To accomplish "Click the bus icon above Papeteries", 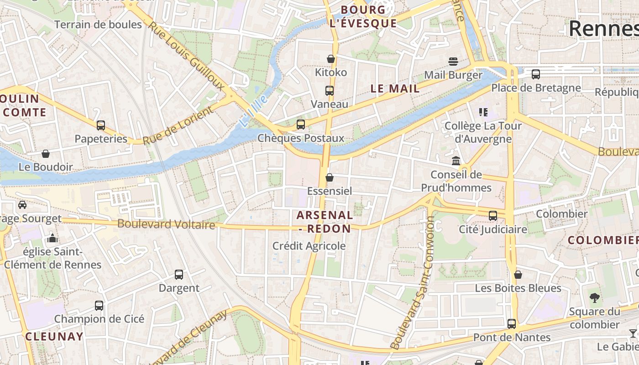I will [101, 125].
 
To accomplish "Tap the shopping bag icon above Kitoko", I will [331, 59].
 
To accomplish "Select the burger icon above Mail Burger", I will [453, 61].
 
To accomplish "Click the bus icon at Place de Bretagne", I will [536, 74].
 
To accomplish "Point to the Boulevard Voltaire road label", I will [166, 224].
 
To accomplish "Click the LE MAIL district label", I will [395, 89].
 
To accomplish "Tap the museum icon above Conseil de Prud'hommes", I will [456, 161].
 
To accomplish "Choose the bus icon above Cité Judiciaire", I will [493, 216].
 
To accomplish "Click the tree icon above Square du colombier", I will [594, 298].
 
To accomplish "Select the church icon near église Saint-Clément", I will [52, 238].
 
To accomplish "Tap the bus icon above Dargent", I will [179, 275].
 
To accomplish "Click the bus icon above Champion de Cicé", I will [99, 306].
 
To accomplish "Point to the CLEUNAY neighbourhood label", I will [54, 337].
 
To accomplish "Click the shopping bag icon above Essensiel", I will [330, 177].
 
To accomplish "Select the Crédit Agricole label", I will [309, 246].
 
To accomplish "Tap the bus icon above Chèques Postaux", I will [301, 124].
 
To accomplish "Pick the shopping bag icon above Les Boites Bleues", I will [518, 275].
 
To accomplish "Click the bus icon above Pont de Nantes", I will [512, 324].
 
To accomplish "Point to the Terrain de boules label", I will [98, 25].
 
